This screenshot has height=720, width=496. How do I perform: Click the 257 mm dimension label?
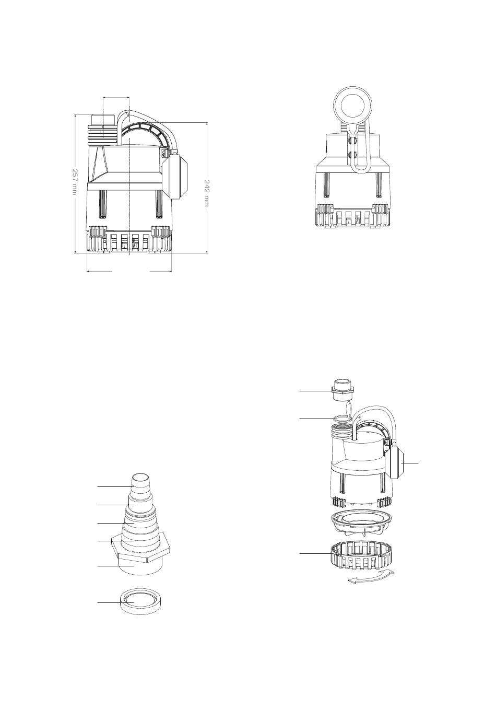(x=74, y=181)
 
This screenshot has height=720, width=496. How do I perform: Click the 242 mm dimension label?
(x=207, y=193)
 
